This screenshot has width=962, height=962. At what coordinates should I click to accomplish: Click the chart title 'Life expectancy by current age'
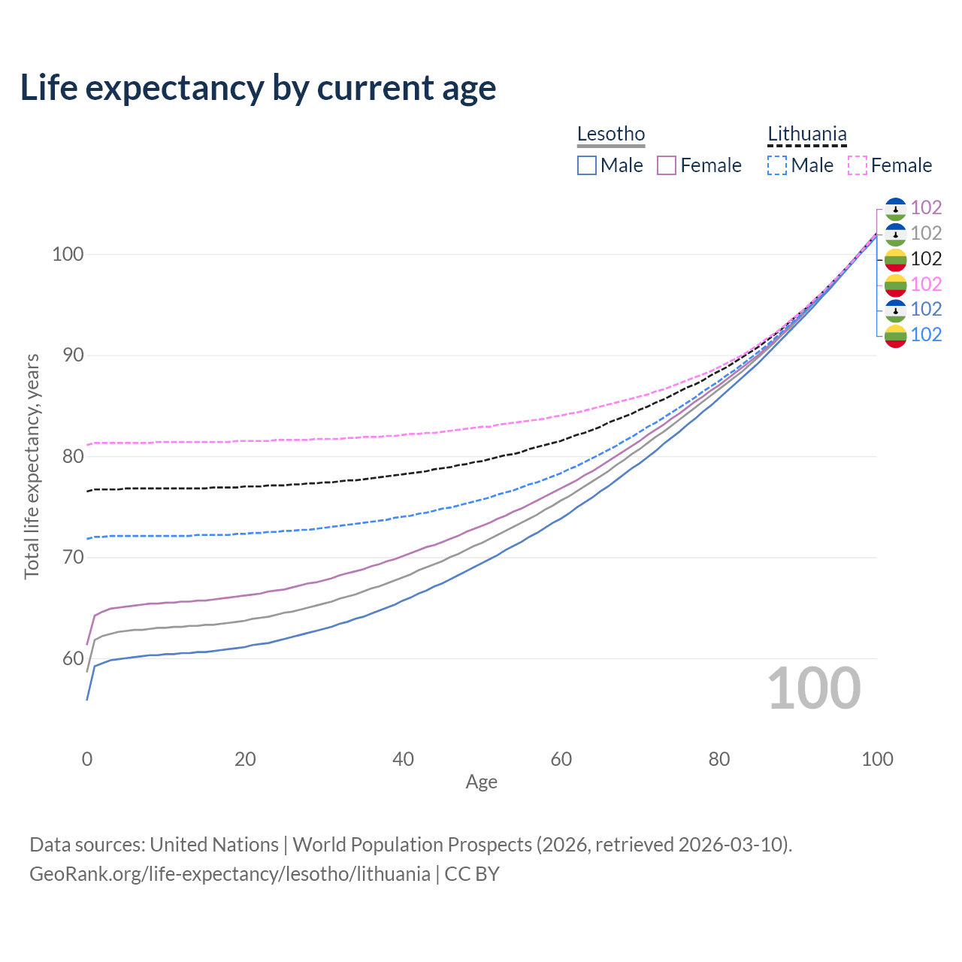click(258, 88)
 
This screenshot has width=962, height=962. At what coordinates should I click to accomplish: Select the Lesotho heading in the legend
click(611, 134)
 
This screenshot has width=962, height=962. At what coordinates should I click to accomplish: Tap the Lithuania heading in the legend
click(806, 134)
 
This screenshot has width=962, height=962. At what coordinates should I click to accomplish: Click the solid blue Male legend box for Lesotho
click(587, 165)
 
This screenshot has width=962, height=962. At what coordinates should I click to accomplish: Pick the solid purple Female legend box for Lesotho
click(667, 165)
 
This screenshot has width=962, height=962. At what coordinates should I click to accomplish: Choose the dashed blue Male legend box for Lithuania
click(777, 165)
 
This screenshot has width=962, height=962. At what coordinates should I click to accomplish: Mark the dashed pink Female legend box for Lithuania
click(857, 165)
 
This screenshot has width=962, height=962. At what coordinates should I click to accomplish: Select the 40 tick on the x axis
click(403, 759)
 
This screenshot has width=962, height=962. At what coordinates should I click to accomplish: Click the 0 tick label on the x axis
click(87, 759)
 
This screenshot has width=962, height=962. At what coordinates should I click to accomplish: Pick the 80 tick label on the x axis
click(719, 759)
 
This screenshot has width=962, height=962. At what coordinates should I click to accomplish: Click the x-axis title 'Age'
click(481, 782)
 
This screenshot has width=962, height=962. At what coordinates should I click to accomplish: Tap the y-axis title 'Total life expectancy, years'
click(32, 467)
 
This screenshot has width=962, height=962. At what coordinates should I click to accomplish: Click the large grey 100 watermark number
click(814, 688)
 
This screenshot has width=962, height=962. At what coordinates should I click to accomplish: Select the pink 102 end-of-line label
click(926, 284)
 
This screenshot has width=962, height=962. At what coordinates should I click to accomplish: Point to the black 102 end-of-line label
click(926, 259)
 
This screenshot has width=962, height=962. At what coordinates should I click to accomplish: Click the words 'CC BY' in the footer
click(472, 874)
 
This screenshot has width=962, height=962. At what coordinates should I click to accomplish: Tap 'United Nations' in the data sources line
click(214, 845)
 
